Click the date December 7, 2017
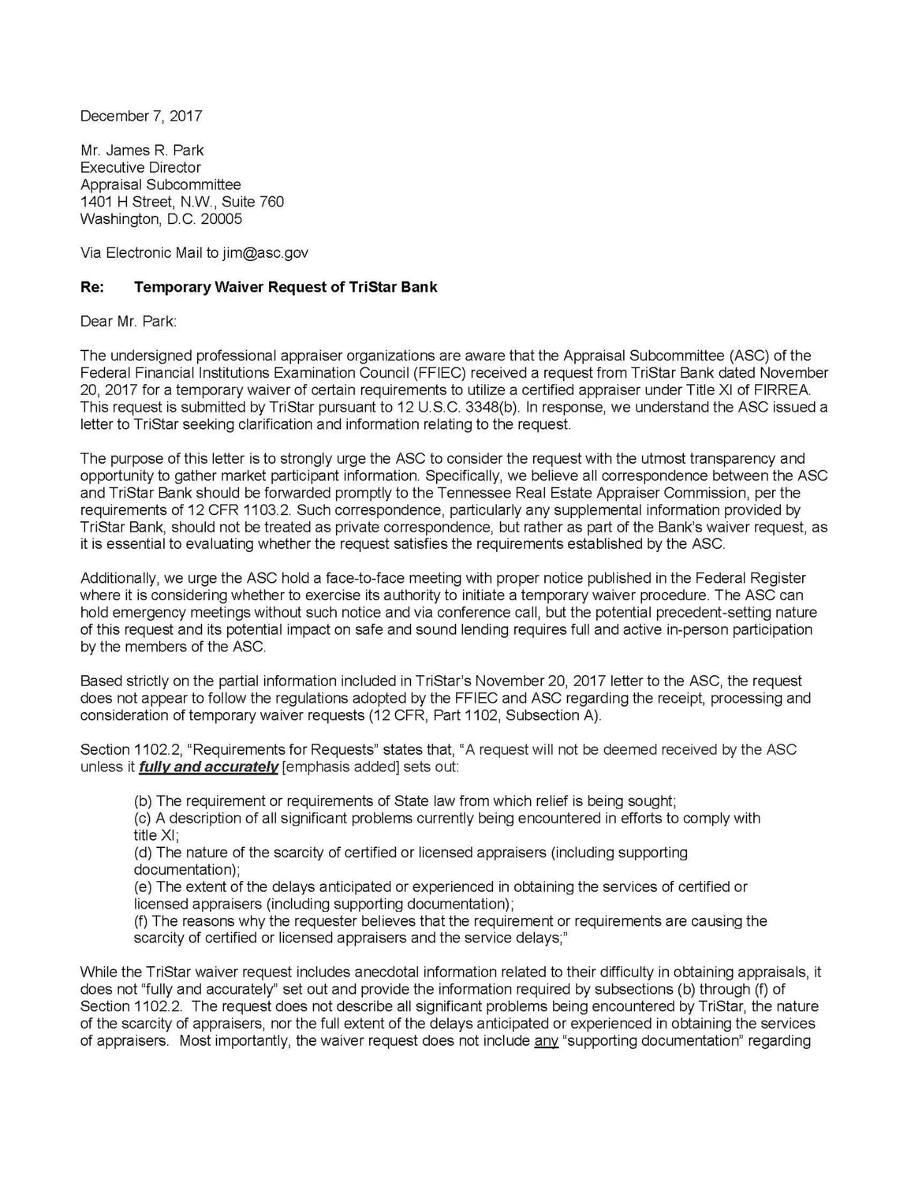click(141, 116)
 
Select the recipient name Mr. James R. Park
click(142, 150)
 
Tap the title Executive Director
click(141, 168)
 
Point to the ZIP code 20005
click(221, 219)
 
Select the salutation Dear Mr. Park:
click(129, 322)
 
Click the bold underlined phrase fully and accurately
click(208, 767)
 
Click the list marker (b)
click(143, 801)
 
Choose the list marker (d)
click(143, 852)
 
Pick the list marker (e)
click(143, 887)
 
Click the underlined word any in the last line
click(546, 1041)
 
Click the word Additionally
click(116, 578)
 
